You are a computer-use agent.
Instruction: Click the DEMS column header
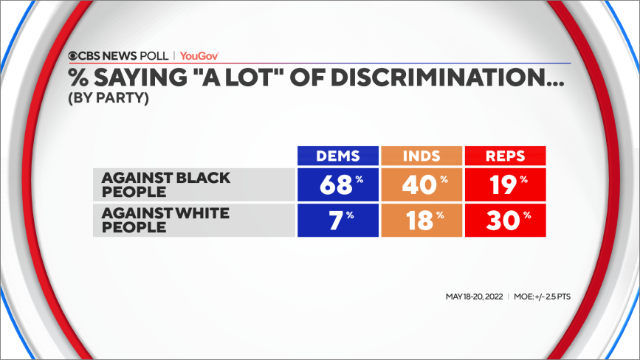point(337,156)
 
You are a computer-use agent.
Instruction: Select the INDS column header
point(421,156)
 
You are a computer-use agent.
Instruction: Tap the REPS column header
point(505,156)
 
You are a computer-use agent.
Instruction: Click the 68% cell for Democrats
point(337,184)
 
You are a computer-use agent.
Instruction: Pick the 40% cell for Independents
point(421,184)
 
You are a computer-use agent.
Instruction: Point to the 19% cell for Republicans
point(505,184)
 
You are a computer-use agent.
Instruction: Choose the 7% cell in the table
point(337,221)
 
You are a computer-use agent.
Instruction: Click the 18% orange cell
point(421,221)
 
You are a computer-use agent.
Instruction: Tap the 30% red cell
point(505,221)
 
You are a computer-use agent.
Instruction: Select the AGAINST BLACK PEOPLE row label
point(166,184)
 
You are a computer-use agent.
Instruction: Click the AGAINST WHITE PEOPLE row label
point(166,221)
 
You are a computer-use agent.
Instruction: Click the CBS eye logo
point(75,56)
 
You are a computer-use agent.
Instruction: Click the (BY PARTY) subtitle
point(109,97)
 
